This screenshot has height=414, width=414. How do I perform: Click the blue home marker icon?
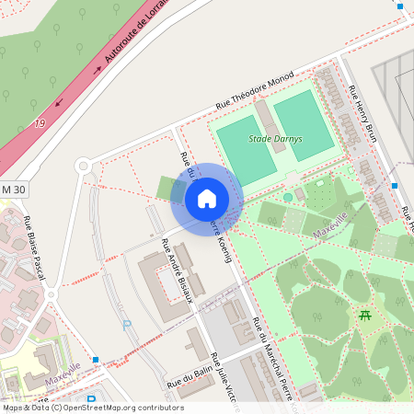point(206,199)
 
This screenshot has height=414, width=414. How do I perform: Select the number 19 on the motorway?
point(39,123)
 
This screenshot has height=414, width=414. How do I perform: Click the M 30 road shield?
point(13,189)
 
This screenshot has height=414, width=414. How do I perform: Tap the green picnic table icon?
point(365,316)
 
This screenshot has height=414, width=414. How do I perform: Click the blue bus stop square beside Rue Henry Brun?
point(395,186)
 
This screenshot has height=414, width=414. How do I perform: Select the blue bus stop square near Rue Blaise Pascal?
point(96,360)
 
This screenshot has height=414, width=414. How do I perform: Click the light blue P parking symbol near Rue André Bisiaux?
point(127,324)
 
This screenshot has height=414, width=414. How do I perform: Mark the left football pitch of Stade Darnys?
point(246,150)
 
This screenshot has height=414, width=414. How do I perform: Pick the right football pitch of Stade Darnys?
point(303,124)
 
